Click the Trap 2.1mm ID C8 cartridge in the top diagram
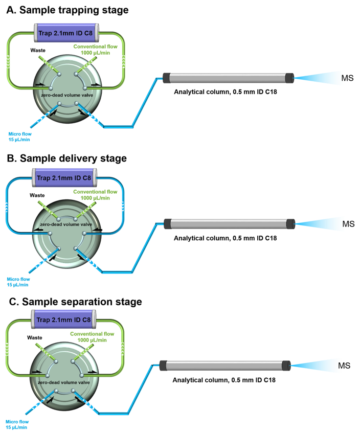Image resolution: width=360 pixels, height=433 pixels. click(65, 34)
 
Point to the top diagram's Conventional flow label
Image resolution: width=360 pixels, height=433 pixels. click(96, 50)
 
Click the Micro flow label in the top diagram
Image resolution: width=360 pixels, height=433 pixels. click(19, 136)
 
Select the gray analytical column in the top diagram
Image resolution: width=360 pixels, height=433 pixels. click(228, 78)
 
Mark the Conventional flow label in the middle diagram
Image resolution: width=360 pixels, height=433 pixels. click(95, 194)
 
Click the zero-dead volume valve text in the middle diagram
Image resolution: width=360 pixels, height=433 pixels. click(65, 224)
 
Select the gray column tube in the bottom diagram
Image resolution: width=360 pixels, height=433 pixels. click(225, 365)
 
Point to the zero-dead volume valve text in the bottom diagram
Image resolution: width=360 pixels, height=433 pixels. click(64, 382)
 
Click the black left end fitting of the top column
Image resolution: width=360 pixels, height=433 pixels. click(166, 78)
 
